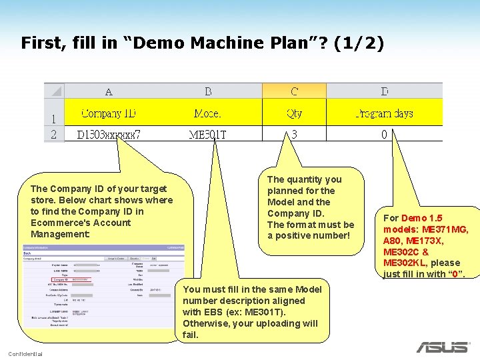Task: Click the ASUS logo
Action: [x=443, y=347]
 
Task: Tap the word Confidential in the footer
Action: [x=25, y=353]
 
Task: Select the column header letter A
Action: [x=109, y=91]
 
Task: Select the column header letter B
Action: [x=208, y=91]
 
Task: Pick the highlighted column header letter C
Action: [x=294, y=91]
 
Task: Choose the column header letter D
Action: [x=384, y=91]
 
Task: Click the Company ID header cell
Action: [x=109, y=113]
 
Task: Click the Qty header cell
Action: [x=294, y=113]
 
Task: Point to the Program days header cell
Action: [x=384, y=113]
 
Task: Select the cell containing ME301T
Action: [x=208, y=135]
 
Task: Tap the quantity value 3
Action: [x=294, y=134]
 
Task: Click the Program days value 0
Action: [x=384, y=134]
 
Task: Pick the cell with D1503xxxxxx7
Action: [x=109, y=135]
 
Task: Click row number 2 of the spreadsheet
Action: [x=53, y=134]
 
